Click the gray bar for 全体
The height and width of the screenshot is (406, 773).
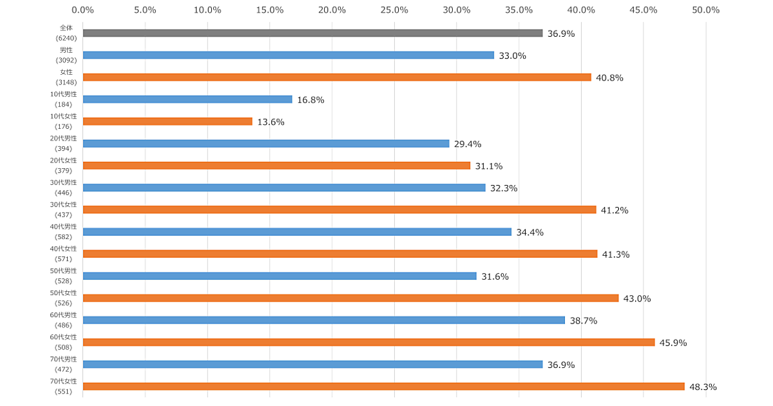[312, 33]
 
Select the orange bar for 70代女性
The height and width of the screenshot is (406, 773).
[383, 386]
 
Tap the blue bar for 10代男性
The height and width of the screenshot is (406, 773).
[187, 99]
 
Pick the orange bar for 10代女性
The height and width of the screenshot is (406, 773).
[167, 121]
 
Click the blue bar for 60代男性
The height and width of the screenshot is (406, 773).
[323, 320]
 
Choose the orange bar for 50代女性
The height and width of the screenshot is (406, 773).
[350, 298]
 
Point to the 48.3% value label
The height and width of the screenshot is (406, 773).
[703, 387]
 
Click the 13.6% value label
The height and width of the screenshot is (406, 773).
[271, 122]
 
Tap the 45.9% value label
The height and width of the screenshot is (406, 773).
[673, 343]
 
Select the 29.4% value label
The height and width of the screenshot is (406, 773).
[468, 144]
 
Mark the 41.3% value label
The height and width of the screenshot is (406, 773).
[616, 255]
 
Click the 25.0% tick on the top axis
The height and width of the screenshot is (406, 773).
[394, 10]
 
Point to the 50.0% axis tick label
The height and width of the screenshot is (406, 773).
[705, 10]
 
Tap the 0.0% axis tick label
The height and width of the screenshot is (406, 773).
[82, 10]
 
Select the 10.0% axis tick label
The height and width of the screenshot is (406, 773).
[207, 10]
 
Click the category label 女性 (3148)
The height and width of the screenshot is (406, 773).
[66, 77]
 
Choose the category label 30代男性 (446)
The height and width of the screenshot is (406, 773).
[64, 187]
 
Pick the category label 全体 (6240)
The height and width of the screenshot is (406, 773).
[66, 33]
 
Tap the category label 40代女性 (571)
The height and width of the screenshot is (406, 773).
[64, 253]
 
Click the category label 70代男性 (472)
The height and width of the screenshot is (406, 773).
[64, 363]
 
